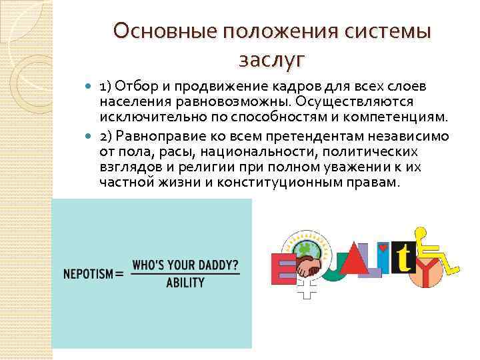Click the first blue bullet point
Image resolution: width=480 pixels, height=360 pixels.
pyautogui.click(x=91, y=87)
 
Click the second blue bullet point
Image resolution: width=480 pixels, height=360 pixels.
pyautogui.click(x=91, y=137)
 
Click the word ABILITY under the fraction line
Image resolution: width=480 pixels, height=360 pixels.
pyautogui.click(x=185, y=283)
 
